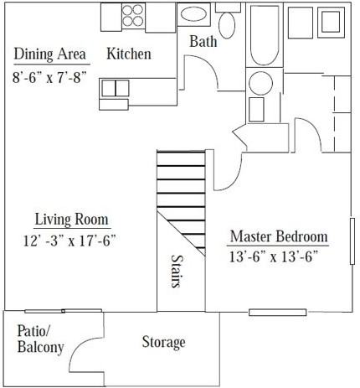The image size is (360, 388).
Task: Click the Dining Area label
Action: tap(50, 54)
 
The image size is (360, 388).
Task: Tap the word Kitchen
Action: tap(129, 54)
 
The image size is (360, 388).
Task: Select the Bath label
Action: tap(203, 41)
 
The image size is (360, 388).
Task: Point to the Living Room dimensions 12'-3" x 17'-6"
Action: tap(69, 241)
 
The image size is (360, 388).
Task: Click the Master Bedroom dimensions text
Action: tap(274, 256)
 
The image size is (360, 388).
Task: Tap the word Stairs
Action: tap(177, 271)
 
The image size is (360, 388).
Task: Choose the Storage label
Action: tap(163, 342)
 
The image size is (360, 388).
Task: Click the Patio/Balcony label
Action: tap(41, 339)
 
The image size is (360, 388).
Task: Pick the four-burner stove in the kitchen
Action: tap(133, 16)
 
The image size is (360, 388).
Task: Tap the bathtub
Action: tap(265, 35)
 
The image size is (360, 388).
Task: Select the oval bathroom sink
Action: tap(193, 14)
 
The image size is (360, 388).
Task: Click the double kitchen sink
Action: tap(115, 88)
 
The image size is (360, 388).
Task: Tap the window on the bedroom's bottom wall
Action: tap(278, 313)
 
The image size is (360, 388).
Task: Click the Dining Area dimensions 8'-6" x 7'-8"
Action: tap(50, 77)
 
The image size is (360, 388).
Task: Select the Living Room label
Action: tap(72, 219)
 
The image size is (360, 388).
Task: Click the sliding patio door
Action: tap(64, 311)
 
